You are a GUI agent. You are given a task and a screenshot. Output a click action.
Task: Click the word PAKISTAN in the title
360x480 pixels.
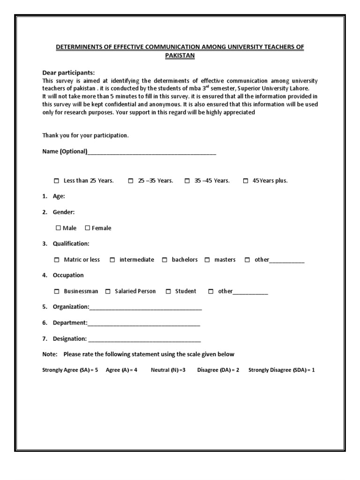[x=180, y=55]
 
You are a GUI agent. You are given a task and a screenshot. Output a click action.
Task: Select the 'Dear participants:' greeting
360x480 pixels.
[x=68, y=73]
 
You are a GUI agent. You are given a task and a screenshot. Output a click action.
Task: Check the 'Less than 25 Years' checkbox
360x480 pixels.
[x=57, y=181]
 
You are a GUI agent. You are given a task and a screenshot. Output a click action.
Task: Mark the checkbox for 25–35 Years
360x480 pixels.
[x=131, y=181]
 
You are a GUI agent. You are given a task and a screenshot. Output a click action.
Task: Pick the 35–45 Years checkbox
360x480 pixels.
[x=187, y=181]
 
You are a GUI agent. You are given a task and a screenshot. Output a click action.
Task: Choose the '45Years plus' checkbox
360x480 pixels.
[x=246, y=181]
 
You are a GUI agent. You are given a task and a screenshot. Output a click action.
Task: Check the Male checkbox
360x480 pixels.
[x=58, y=228]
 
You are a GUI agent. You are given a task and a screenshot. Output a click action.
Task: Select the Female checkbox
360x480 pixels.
[x=87, y=228]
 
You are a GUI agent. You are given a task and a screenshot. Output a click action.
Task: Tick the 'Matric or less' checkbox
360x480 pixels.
[x=57, y=260]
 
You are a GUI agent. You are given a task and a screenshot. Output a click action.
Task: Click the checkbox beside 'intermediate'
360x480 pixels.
[x=112, y=260]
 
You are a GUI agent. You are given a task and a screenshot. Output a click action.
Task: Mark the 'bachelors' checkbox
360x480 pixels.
[x=165, y=260]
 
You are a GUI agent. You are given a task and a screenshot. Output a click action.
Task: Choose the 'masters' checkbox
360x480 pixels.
[x=207, y=260]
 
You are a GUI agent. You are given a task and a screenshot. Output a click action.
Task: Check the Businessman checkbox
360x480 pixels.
[x=57, y=292]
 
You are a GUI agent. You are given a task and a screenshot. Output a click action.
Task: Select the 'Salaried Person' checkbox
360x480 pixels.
[x=108, y=292]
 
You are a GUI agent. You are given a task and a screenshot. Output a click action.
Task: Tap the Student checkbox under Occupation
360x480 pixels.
[x=168, y=292]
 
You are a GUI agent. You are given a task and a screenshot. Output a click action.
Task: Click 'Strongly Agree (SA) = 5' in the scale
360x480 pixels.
[x=70, y=370]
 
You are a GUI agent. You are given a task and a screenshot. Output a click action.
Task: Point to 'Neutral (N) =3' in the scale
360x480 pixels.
[x=168, y=370]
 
